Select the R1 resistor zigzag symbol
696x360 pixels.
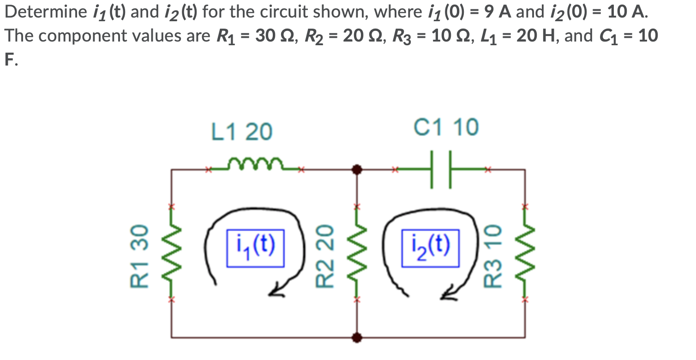(171, 253)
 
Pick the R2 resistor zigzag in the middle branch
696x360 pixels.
(356, 253)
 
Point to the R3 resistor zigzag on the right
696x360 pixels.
(524, 253)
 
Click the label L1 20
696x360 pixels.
(241, 132)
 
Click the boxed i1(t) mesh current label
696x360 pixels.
(255, 248)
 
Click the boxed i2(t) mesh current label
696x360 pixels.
(430, 248)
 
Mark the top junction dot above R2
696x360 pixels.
(356, 170)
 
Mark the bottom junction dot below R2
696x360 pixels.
(356, 337)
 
